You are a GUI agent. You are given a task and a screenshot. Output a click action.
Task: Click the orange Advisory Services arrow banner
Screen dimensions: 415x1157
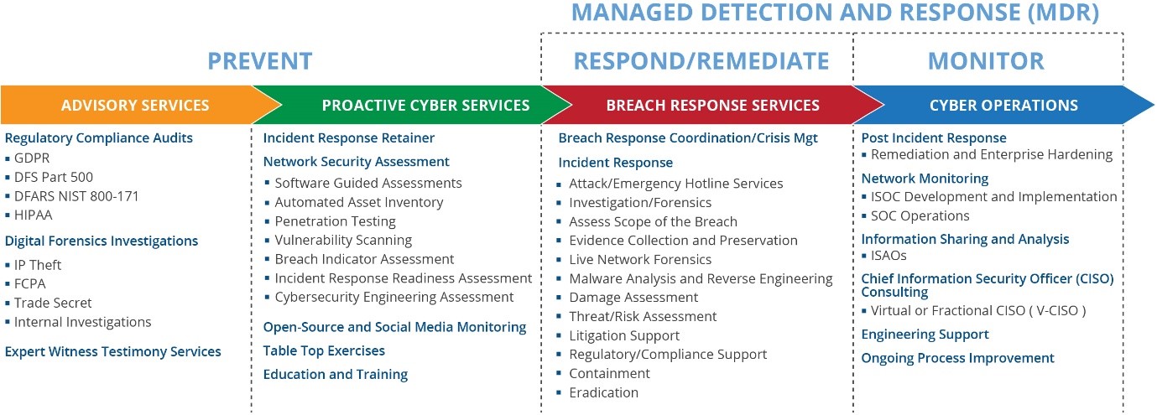coord(135,106)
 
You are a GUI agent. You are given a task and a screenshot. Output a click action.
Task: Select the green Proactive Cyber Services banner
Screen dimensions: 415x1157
coord(425,106)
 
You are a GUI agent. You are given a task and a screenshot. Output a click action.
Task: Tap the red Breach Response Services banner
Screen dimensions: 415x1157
coord(712,106)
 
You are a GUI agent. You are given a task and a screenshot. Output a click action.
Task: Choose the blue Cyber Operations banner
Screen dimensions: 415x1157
coord(1003,106)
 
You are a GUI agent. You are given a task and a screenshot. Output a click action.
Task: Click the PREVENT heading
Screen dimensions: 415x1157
coord(260,61)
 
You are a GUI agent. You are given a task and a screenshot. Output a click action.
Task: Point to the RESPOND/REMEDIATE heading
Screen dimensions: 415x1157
coord(701,61)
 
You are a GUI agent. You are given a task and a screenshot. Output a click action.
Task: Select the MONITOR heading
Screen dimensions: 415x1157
coord(986,61)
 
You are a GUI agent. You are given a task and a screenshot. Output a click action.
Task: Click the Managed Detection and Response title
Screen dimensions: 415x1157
coord(835,13)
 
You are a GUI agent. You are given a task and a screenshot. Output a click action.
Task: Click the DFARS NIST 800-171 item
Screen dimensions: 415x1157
coord(76,196)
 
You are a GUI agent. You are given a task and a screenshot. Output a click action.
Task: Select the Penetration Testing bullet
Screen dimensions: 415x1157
coord(335,221)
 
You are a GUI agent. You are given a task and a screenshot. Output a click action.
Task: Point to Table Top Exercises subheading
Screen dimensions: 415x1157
coord(324,350)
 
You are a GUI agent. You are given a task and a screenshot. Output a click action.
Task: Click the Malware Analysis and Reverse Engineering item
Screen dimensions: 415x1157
coord(701,278)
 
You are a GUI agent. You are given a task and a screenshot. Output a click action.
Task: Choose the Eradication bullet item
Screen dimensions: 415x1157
coord(603,392)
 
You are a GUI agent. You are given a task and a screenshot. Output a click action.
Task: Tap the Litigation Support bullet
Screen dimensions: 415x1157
coord(624,335)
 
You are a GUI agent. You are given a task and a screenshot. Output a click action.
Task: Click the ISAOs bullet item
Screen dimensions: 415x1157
coord(889,256)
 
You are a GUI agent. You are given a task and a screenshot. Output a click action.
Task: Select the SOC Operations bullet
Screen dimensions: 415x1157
coord(920,215)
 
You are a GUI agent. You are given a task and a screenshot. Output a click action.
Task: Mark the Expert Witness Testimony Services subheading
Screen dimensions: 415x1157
coord(113,351)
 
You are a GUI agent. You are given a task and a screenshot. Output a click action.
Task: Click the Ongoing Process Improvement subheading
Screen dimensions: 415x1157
coord(957,358)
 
